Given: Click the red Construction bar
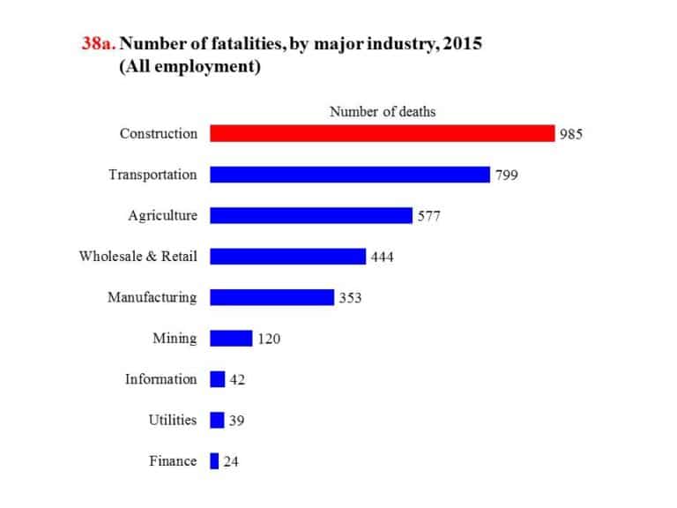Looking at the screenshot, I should tap(382, 133).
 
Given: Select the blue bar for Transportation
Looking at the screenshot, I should tap(349, 175).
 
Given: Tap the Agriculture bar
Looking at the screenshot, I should tap(310, 215).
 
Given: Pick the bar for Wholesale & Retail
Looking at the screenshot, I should tap(287, 256).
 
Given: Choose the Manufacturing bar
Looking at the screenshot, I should tap(272, 297).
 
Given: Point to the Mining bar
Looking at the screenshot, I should tap(231, 338).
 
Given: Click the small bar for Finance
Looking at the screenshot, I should tap(214, 460).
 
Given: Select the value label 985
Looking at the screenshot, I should tap(571, 134).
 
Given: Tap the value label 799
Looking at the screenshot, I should tap(506, 176).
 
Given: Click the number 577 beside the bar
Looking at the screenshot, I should tap(428, 216).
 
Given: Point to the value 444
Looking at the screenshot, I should tap(382, 257).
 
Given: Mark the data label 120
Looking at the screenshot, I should tap(269, 339).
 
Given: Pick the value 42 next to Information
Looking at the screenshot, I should tap(236, 379).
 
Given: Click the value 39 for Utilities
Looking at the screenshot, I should tap(236, 421).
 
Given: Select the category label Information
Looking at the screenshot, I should tap(160, 379).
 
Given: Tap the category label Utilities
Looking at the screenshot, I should tap(172, 420).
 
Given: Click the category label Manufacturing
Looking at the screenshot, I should tap(152, 297).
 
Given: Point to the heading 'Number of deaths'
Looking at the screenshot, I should tap(383, 111).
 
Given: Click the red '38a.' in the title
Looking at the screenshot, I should tap(97, 44).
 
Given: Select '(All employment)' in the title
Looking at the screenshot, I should tap(190, 68).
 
